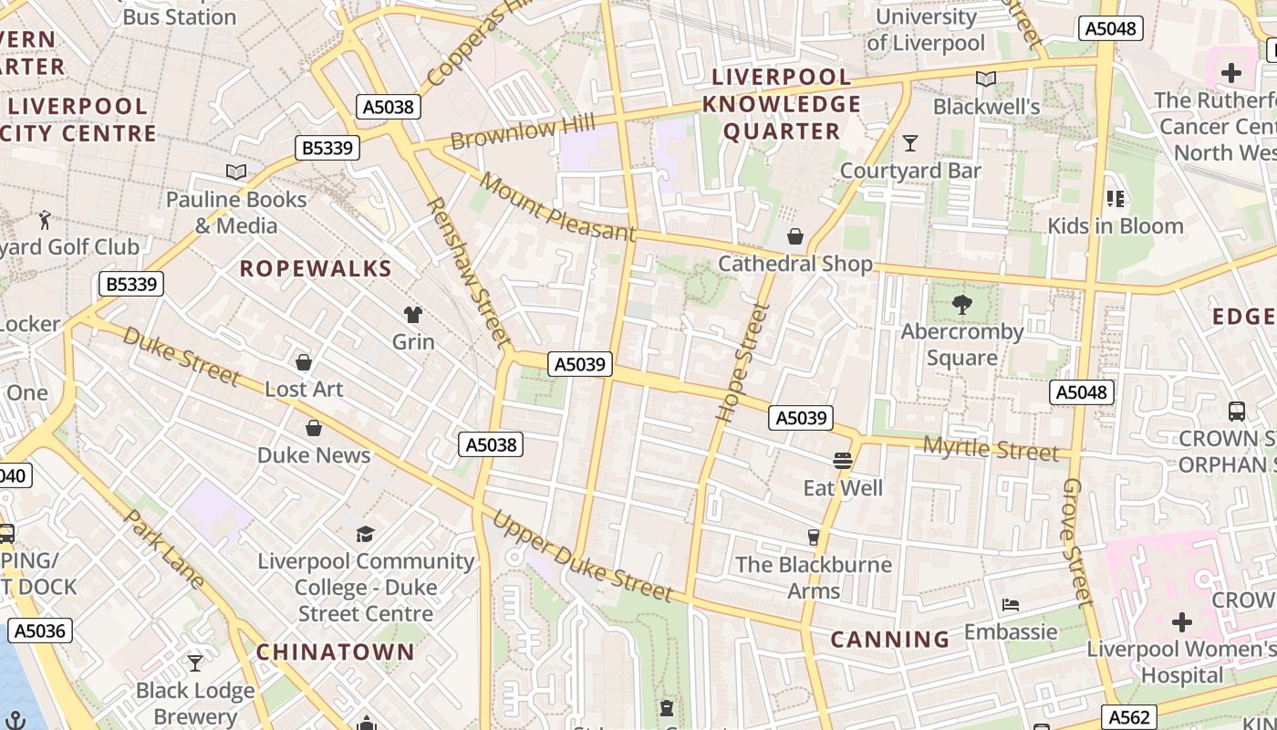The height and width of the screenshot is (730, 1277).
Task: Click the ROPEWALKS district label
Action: (x=315, y=269)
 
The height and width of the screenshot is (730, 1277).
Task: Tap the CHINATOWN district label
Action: (x=335, y=652)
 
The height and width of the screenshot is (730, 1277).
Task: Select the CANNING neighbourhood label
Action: (x=889, y=639)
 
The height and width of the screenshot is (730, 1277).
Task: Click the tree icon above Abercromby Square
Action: (x=961, y=304)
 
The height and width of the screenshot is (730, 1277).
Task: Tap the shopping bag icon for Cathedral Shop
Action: (x=795, y=236)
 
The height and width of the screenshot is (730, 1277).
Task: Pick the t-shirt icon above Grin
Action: (x=413, y=315)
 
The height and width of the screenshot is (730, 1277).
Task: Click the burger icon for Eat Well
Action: (x=843, y=461)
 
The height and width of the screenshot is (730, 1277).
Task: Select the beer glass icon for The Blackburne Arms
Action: (x=814, y=537)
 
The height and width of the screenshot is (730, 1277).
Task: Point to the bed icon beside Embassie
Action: (x=1010, y=605)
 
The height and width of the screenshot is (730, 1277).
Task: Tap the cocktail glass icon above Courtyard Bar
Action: (x=909, y=143)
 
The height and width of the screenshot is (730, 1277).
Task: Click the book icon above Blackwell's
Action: (x=986, y=79)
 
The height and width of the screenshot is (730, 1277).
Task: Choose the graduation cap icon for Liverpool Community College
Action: (x=365, y=534)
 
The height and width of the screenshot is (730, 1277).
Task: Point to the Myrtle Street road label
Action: (x=991, y=449)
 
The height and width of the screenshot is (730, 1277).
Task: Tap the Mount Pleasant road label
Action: (x=556, y=207)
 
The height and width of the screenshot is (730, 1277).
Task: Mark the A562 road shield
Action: (x=1130, y=717)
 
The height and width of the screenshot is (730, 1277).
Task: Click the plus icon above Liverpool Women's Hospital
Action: (x=1182, y=623)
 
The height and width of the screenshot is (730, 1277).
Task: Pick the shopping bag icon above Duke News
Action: (x=314, y=428)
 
